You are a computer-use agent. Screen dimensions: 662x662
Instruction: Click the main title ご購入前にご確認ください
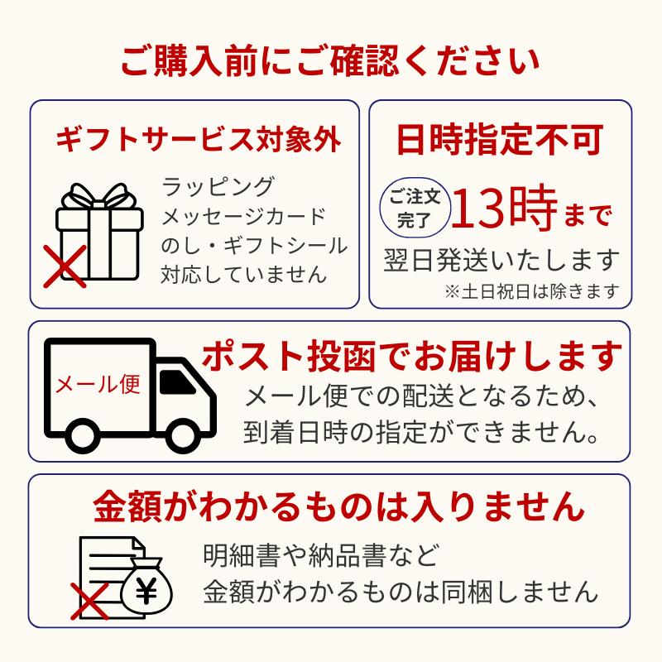coord(330,63)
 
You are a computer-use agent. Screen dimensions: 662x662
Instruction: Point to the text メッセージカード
coord(245,216)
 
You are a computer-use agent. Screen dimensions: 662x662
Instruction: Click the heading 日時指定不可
coord(499,139)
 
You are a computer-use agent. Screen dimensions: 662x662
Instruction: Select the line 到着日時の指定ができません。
coord(421,432)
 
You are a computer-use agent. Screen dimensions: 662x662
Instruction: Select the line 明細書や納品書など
coord(320,553)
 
